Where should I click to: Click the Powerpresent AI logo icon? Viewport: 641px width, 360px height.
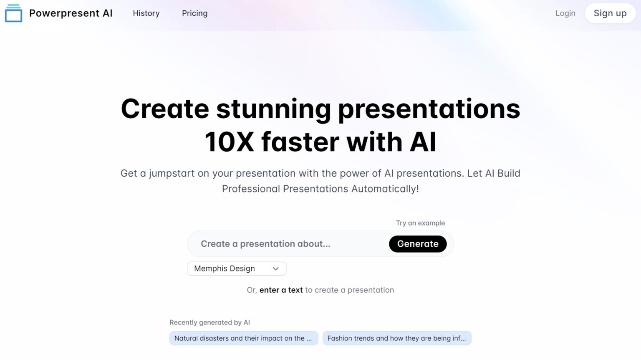pyautogui.click(x=13, y=13)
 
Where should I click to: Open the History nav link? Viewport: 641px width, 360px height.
pyautogui.click(x=146, y=13)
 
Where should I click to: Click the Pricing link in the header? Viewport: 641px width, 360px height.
pyautogui.click(x=195, y=13)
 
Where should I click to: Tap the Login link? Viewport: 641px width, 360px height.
pyautogui.click(x=565, y=13)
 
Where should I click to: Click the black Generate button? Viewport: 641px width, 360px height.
pyautogui.click(x=418, y=244)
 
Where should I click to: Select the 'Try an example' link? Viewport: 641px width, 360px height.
pyautogui.click(x=420, y=223)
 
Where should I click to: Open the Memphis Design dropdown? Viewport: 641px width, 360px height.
pyautogui.click(x=237, y=269)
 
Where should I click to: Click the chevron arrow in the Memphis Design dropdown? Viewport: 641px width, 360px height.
pyautogui.click(x=275, y=269)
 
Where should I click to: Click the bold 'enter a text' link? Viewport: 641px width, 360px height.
pyautogui.click(x=281, y=290)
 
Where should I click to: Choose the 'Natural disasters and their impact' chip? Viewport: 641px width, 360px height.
pyautogui.click(x=244, y=338)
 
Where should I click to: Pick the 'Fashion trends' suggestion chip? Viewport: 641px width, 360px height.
pyautogui.click(x=397, y=338)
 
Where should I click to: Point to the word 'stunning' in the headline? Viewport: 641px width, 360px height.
pyautogui.click(x=274, y=110)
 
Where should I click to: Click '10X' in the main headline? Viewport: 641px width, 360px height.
pyautogui.click(x=229, y=142)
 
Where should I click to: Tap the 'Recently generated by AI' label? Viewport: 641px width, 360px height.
pyautogui.click(x=210, y=322)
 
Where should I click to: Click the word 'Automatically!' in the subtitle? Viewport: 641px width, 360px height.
pyautogui.click(x=385, y=189)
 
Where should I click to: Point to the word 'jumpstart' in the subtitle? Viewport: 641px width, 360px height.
pyautogui.click(x=172, y=174)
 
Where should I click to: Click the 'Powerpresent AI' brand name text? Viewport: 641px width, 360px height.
pyautogui.click(x=71, y=13)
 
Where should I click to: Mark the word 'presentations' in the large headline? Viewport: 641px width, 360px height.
pyautogui.click(x=429, y=110)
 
